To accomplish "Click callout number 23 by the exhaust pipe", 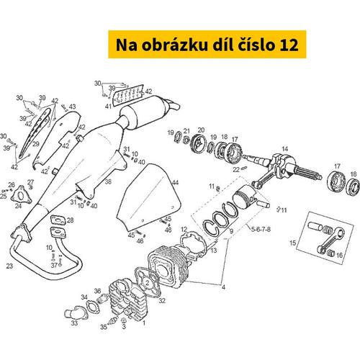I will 9,266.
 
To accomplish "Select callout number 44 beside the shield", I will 175,183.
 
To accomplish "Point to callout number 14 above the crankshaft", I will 284,149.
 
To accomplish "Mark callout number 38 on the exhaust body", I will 108,183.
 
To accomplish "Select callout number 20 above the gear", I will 201,130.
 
